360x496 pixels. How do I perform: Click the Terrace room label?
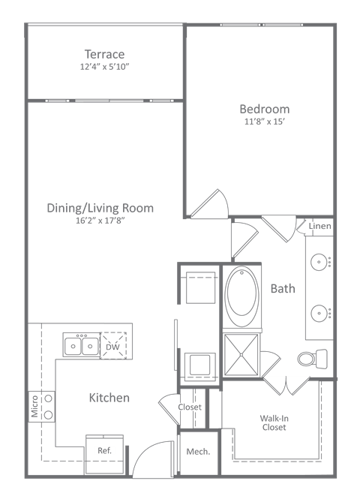pos(104,54)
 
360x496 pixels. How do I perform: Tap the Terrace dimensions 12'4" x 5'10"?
pos(104,67)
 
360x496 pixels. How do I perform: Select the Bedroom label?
pos(264,109)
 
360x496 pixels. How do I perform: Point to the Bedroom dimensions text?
pos(264,122)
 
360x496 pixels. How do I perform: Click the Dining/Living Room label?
pos(100,208)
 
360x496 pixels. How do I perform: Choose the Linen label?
pos(319,226)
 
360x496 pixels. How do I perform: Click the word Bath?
pos(283,288)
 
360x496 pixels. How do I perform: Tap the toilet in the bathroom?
pos(310,358)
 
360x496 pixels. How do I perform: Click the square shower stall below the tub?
pos(241,353)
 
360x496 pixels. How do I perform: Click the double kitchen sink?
pos(81,346)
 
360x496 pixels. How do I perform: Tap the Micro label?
pos(34,407)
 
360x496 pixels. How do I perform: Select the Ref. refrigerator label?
pos(104,450)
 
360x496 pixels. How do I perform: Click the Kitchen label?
pos(109,398)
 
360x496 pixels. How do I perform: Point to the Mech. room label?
pos(198,452)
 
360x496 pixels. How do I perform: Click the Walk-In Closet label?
pos(273,422)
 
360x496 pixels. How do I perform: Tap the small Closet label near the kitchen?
pos(189,407)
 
